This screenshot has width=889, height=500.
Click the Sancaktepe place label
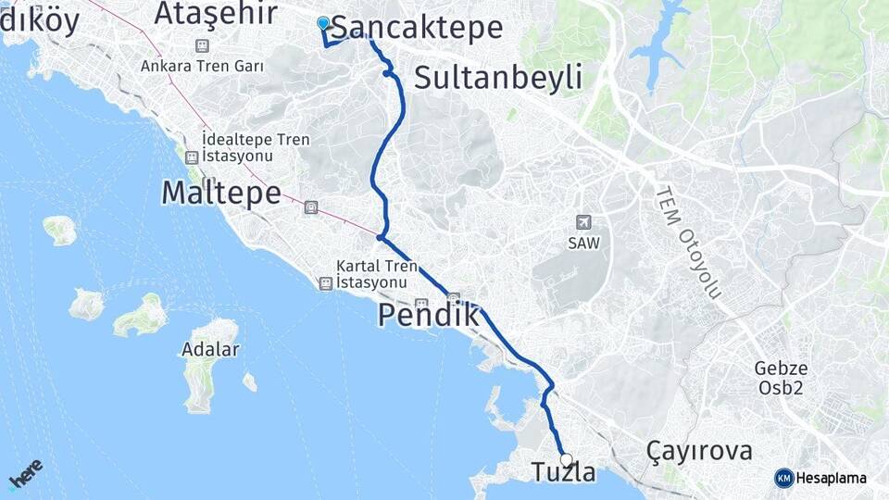pos(417,28)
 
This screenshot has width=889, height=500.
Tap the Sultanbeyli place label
pos(498,78)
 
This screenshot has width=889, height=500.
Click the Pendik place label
pos(429,317)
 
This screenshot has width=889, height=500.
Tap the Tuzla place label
pos(563,472)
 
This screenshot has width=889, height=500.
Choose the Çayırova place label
pos(700,452)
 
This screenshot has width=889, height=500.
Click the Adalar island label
pos(211,350)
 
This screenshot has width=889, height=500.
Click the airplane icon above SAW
pos(583,222)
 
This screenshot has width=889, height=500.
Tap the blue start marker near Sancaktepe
pos(323,23)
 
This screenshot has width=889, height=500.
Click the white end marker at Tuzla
pos(566,459)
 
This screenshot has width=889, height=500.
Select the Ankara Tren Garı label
pos(202,67)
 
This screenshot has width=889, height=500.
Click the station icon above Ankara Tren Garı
pos(202,46)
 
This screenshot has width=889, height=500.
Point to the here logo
pos(25,475)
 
